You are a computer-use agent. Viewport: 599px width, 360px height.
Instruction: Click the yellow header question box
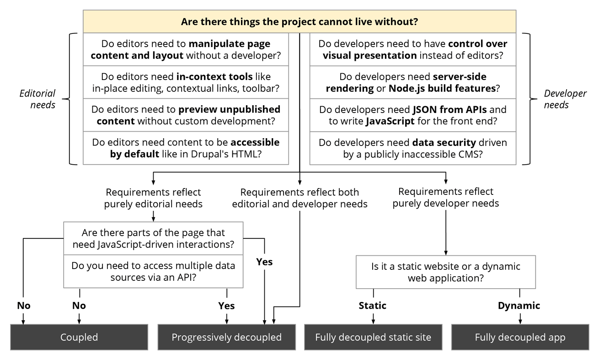pyautogui.click(x=299, y=21)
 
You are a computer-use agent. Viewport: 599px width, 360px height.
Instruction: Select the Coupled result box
pyautogui.click(x=79, y=338)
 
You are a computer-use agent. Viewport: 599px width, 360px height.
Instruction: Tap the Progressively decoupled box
pyautogui.click(x=226, y=338)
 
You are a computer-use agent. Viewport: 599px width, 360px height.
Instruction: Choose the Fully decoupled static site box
pyautogui.click(x=373, y=338)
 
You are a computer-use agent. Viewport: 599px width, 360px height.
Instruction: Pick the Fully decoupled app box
pyautogui.click(x=520, y=338)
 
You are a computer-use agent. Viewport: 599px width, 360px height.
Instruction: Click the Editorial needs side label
pyautogui.click(x=37, y=99)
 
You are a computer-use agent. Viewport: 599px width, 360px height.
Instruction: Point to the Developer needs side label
pyautogui.click(x=565, y=99)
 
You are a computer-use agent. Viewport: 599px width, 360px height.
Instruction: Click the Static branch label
pyautogui.click(x=373, y=306)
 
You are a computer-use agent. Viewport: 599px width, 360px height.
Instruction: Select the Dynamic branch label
pyautogui.click(x=519, y=306)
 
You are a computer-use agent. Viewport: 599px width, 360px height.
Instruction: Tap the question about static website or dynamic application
pyautogui.click(x=446, y=272)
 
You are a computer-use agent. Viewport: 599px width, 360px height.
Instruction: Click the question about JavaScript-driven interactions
pyautogui.click(x=153, y=239)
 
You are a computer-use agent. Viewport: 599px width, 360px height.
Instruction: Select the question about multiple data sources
pyautogui.click(x=153, y=271)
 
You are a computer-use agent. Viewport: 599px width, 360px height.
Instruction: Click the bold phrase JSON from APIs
pyautogui.click(x=449, y=110)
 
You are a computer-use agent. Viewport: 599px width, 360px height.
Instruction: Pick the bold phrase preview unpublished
pyautogui.click(x=230, y=110)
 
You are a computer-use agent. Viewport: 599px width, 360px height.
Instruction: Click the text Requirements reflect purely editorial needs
pyautogui.click(x=153, y=198)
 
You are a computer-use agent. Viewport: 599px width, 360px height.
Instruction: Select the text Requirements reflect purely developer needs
pyautogui.click(x=446, y=197)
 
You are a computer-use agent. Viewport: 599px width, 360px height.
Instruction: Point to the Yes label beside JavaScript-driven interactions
pyautogui.click(x=264, y=262)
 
